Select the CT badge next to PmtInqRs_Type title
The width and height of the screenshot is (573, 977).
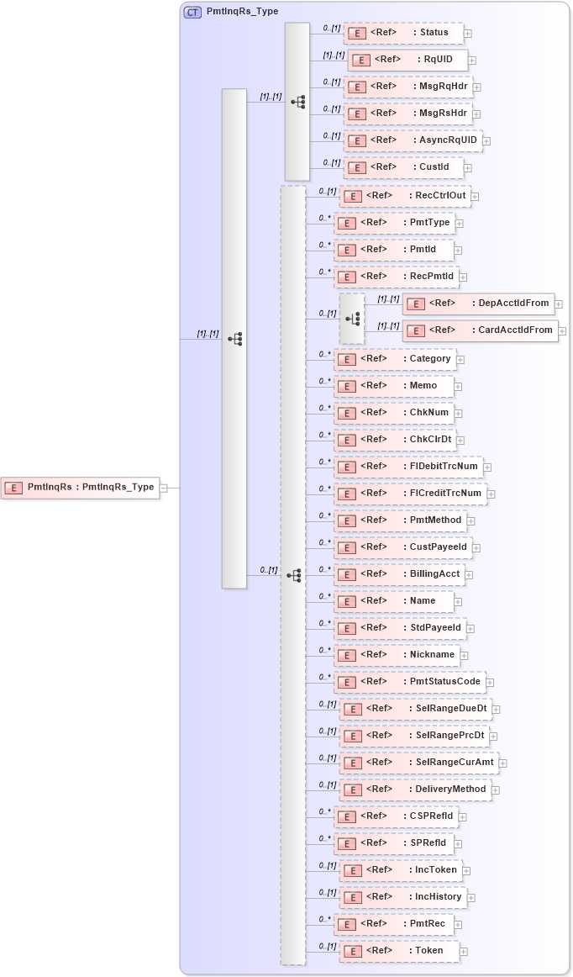click(192, 12)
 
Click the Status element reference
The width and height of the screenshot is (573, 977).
click(402, 33)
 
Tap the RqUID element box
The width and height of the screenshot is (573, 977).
click(407, 60)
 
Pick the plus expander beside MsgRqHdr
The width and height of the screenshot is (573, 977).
click(476, 87)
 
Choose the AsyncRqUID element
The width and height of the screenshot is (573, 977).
click(412, 140)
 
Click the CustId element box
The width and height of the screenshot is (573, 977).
click(402, 167)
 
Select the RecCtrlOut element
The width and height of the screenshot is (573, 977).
click(404, 196)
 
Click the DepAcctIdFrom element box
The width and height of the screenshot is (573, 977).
click(478, 304)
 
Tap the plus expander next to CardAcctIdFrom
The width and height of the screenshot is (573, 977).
click(562, 331)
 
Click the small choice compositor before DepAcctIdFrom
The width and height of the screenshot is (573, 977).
click(352, 318)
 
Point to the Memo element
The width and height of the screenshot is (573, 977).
click(394, 386)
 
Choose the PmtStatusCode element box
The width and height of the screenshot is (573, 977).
click(409, 682)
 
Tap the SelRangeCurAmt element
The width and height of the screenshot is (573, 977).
click(418, 763)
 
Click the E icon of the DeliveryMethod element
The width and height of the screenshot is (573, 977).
click(355, 790)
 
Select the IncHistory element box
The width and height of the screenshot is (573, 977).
click(403, 897)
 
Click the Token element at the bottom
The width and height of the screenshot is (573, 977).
click(400, 951)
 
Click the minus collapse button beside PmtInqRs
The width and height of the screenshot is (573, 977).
click(164, 488)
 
